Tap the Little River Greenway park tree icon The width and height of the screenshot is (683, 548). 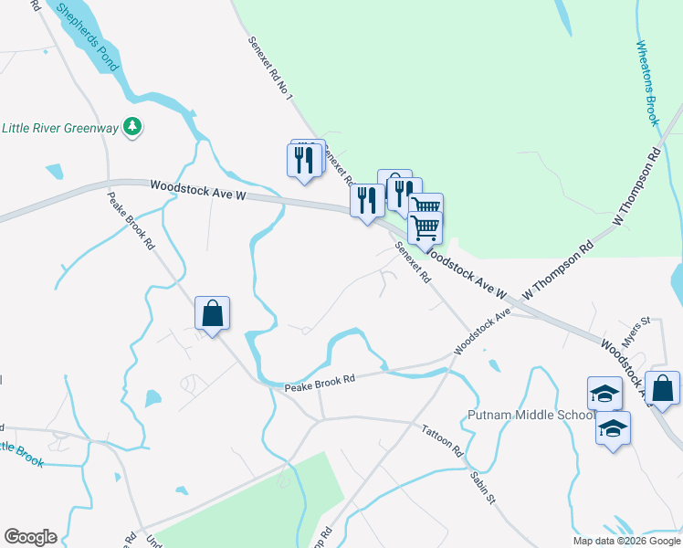point(133,127)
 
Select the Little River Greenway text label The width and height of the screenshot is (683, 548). point(61,128)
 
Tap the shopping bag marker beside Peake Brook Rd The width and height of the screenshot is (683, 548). point(212,315)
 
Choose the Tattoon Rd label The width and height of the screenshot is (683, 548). point(443,440)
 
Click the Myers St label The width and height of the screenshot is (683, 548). point(636,325)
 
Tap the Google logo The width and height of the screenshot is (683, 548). point(30,537)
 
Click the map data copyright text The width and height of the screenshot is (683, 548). point(626,541)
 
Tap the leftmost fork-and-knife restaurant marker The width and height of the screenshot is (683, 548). point(302,160)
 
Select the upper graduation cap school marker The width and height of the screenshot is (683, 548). point(604,394)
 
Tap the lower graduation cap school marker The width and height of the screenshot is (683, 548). point(613,427)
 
